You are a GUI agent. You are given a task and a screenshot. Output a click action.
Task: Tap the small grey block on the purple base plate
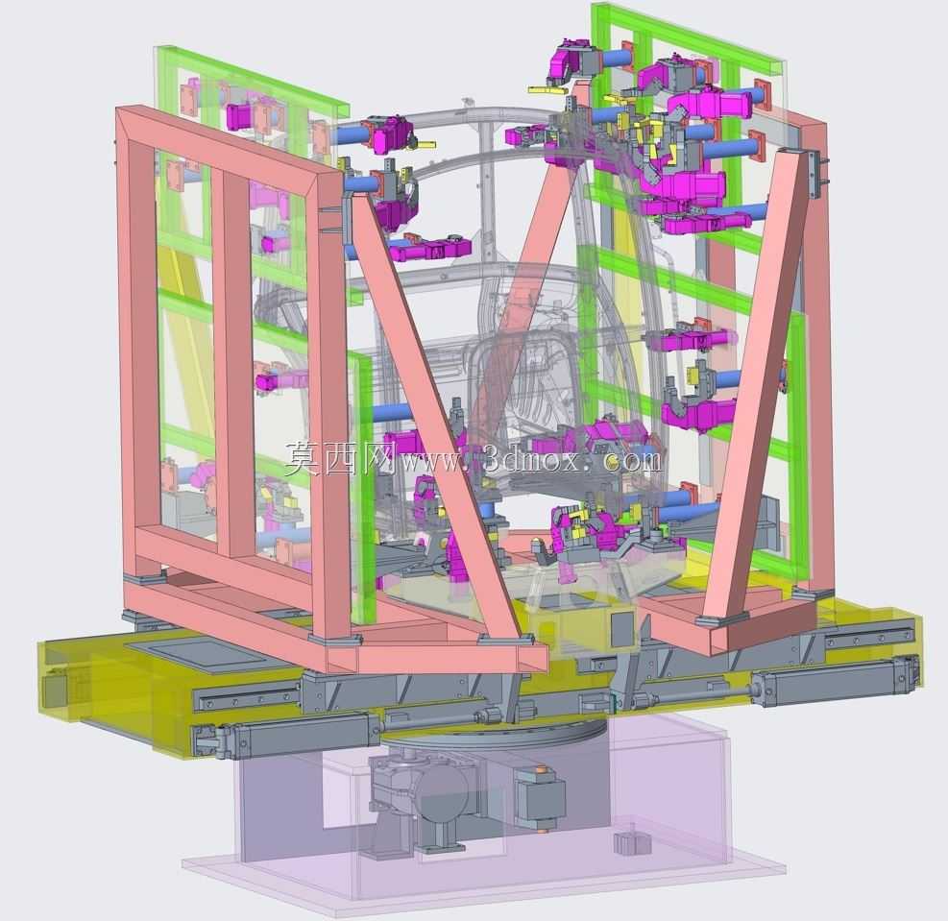click(x=624, y=844)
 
